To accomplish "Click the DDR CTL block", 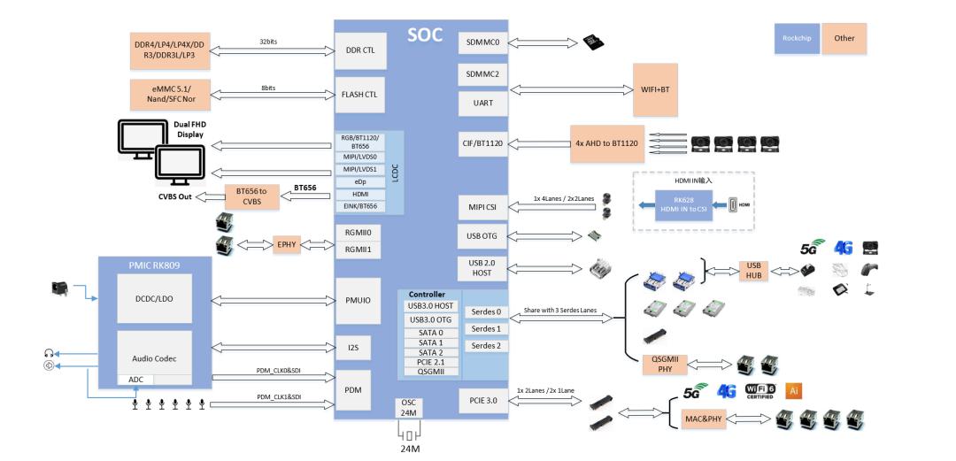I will click(x=359, y=50).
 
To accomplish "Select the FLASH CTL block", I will click(x=359, y=93).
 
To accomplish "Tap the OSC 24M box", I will click(x=408, y=409).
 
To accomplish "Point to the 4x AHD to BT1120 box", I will click(x=606, y=142).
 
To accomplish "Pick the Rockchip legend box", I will click(x=795, y=39).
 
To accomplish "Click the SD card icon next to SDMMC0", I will click(x=591, y=42).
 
